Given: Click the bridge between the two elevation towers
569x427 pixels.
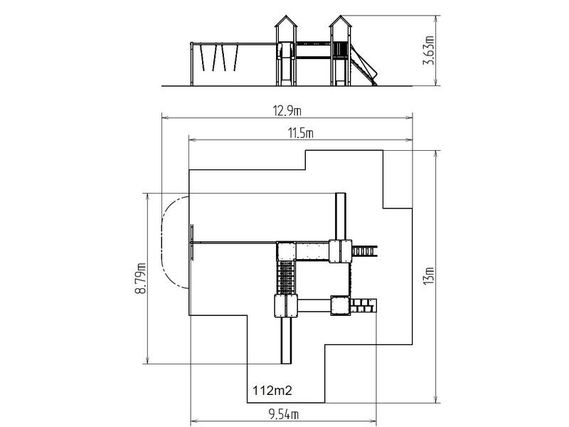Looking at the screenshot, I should click(313, 50).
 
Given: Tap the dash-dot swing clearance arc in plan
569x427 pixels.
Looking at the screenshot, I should click(167, 242).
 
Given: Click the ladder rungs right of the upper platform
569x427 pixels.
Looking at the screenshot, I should click(364, 251).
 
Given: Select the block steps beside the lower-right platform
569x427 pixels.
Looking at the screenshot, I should click(363, 305).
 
